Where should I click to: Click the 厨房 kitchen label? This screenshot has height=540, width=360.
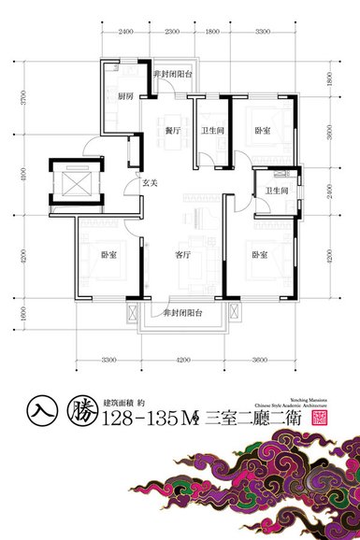[x=125, y=96]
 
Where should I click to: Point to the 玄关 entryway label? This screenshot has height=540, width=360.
[x=149, y=184]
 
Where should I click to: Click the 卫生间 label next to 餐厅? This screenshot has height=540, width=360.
[x=209, y=132]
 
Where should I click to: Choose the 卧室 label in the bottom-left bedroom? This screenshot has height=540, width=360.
[x=108, y=254]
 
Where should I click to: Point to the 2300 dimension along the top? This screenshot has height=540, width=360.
[x=171, y=32]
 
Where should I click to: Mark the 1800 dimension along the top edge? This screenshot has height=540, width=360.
[x=212, y=32]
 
